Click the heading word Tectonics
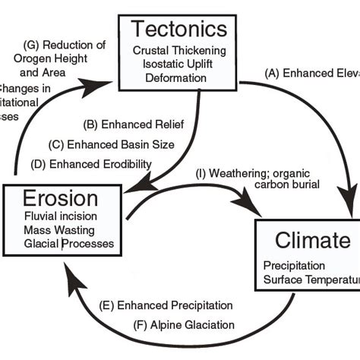179,30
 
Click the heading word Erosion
60,199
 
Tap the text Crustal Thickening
179,49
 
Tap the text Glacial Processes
69,243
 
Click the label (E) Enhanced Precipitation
166,306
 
